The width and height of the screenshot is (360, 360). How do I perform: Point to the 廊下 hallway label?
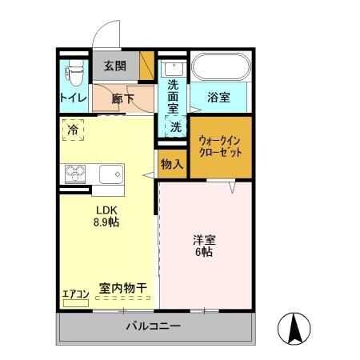[121, 99]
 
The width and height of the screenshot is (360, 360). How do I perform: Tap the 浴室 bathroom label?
[219, 98]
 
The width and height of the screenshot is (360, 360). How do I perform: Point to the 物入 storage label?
[171, 165]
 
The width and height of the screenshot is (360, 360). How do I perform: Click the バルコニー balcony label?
[154, 326]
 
